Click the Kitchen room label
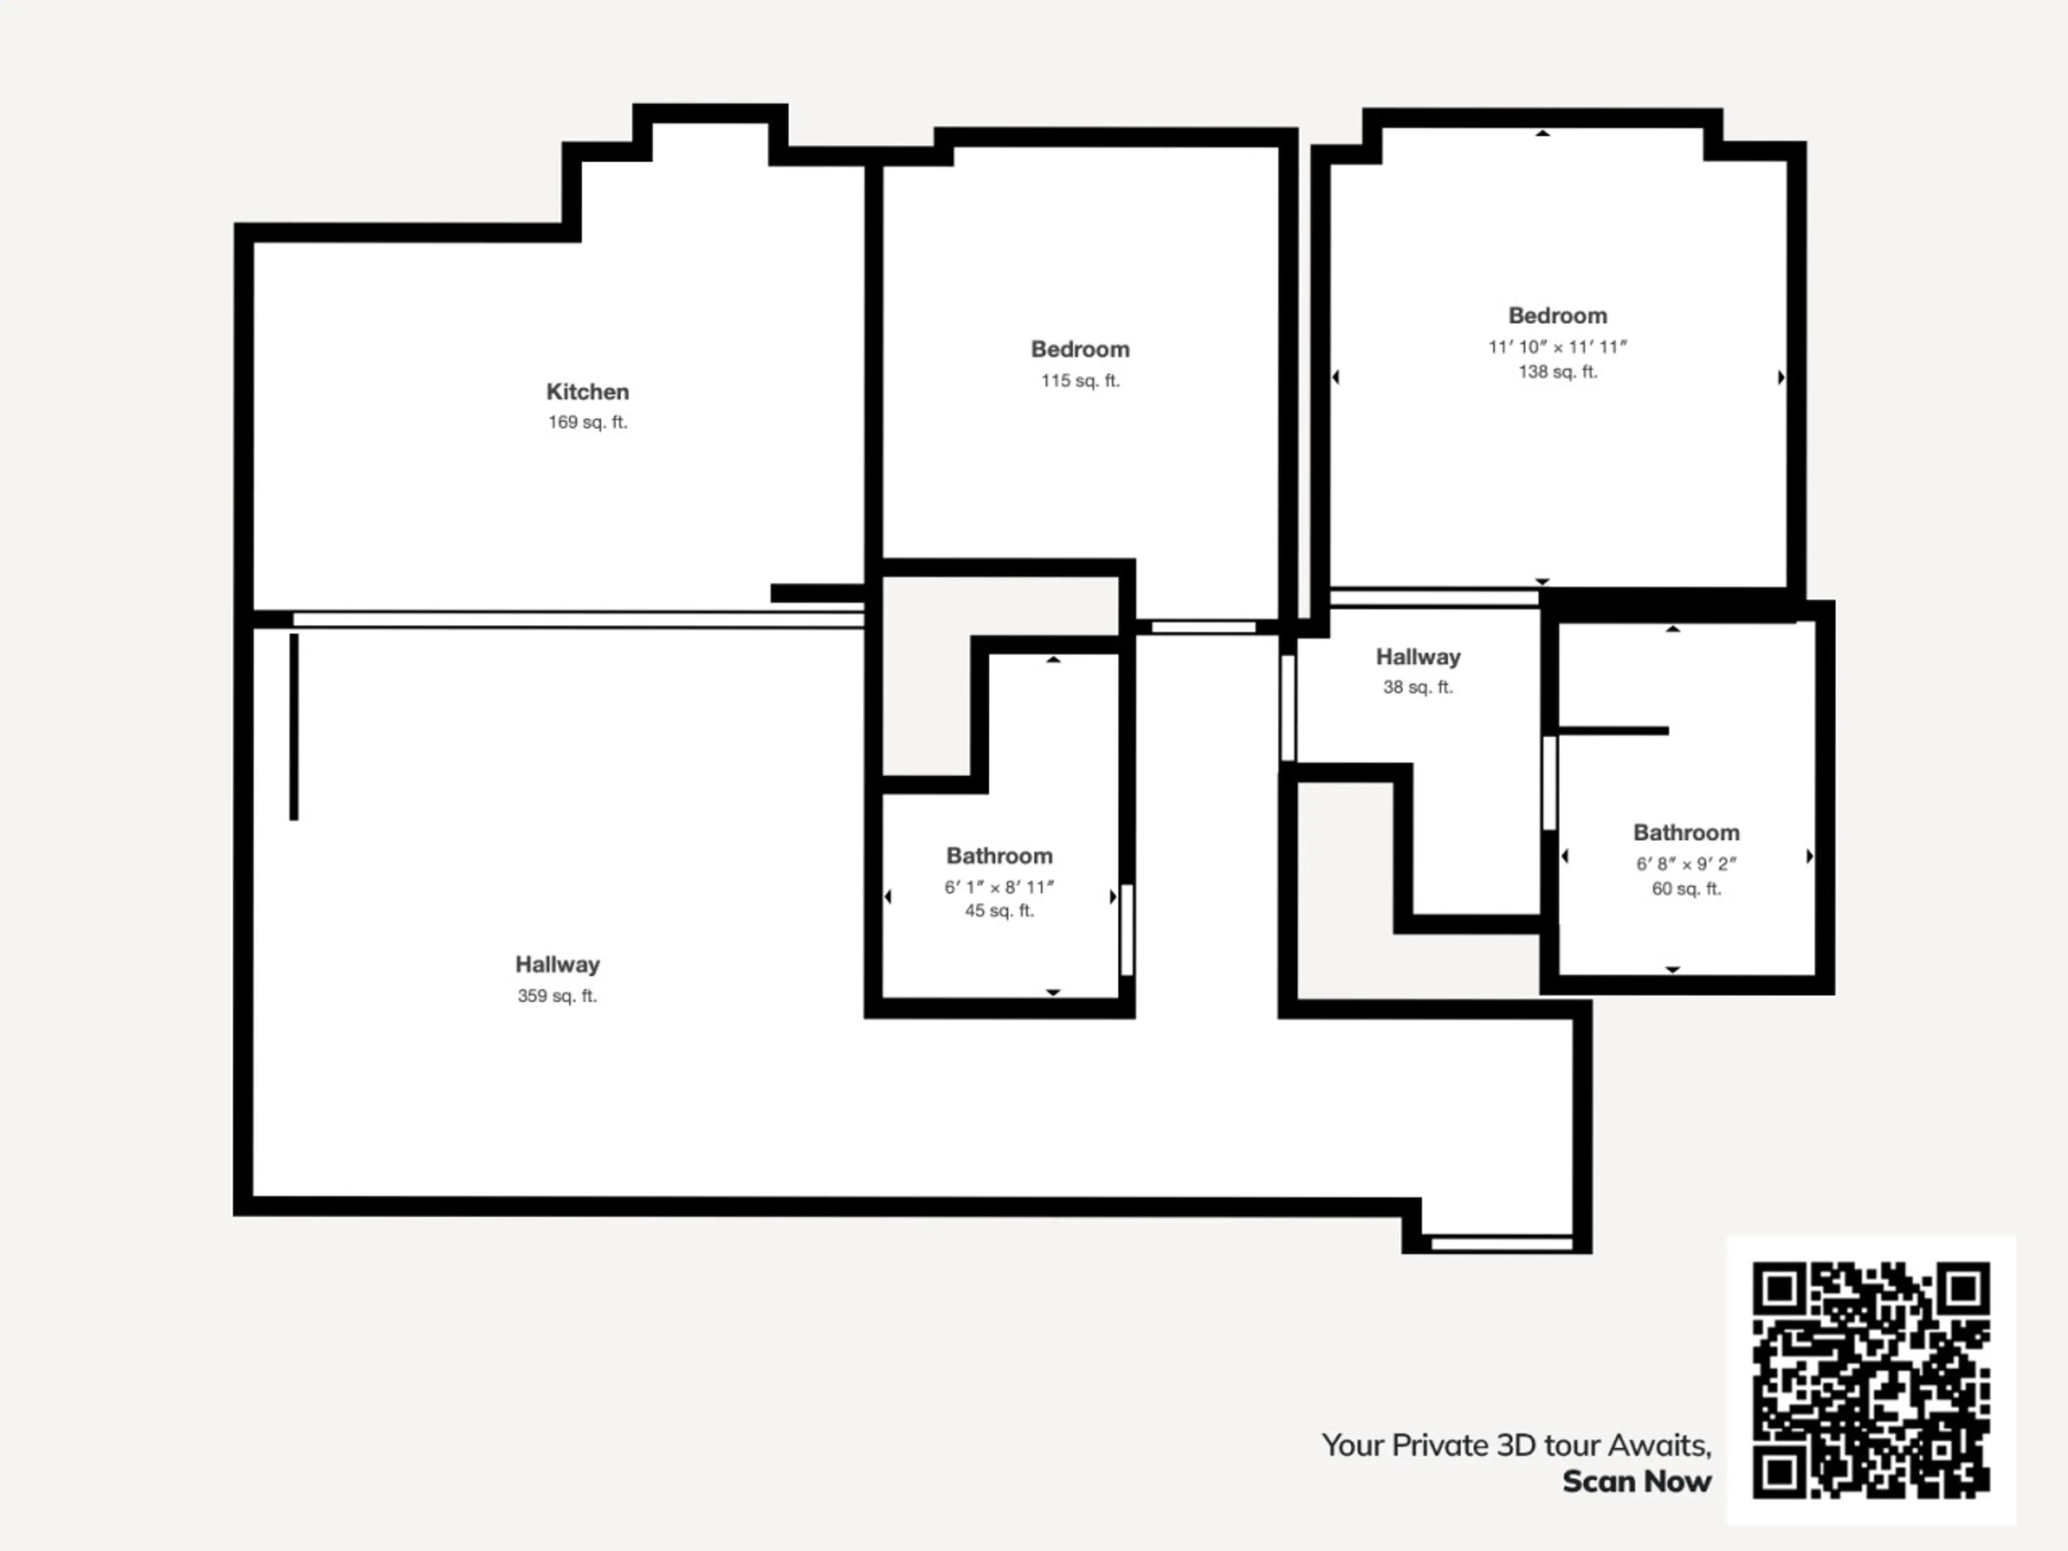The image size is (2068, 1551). point(587,392)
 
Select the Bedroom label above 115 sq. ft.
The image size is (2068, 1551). point(1080,350)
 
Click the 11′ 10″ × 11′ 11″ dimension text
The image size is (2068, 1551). point(1557,347)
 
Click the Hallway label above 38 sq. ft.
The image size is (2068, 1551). point(1417,657)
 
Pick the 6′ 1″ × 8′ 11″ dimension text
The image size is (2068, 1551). point(1000,887)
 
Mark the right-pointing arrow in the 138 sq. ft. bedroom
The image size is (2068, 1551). point(1781,377)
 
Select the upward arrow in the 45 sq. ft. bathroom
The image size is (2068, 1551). point(1053,659)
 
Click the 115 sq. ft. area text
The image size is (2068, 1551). point(1080,381)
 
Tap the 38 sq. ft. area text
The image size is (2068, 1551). point(1417,687)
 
